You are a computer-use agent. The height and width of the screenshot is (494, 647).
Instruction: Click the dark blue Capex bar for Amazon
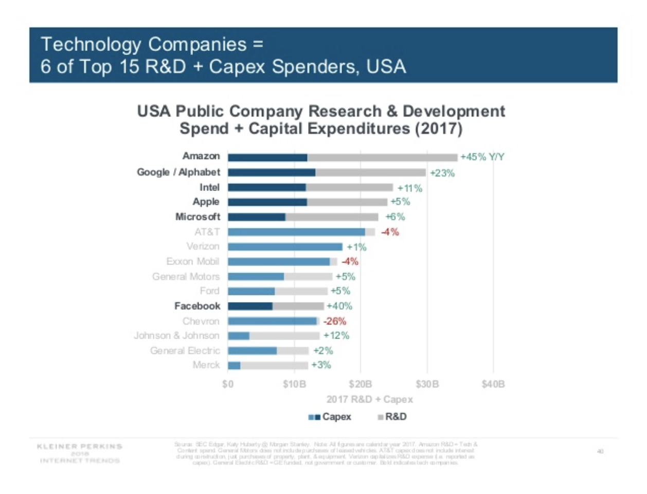[267, 157]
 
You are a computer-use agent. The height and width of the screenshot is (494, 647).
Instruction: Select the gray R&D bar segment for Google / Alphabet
[370, 173]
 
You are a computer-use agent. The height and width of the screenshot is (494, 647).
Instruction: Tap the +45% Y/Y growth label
[482, 157]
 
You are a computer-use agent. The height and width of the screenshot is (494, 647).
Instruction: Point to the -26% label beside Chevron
[334, 321]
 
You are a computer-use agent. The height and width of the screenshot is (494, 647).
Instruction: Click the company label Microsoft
[197, 217]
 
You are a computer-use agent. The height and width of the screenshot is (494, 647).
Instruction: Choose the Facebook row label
[197, 306]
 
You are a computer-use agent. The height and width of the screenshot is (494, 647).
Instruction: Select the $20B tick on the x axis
[360, 384]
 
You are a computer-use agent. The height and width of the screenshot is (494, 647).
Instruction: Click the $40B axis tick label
[493, 384]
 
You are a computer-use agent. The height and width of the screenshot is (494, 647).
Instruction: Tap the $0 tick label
[228, 384]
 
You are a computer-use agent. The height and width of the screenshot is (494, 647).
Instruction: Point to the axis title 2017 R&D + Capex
[369, 399]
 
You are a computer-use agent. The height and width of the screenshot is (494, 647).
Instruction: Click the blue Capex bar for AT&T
[296, 232]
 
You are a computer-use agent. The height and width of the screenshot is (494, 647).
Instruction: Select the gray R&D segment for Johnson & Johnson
[284, 336]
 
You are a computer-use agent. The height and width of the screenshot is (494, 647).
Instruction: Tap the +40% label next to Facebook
[339, 306]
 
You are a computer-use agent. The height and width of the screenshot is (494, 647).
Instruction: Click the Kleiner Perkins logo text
[80, 447]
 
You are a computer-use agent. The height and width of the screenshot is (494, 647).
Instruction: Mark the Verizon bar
[285, 247]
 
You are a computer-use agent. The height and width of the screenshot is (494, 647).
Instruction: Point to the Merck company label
[206, 365]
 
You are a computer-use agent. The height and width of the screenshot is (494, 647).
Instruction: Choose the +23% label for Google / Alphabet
[442, 173]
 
